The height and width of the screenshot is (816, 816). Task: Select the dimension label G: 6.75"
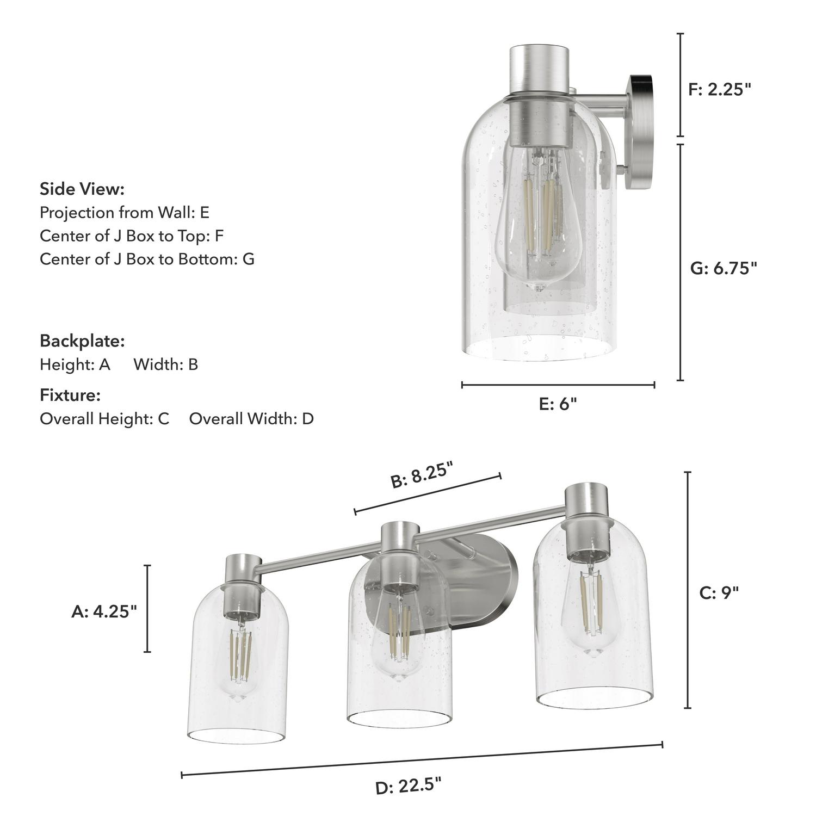click(x=723, y=268)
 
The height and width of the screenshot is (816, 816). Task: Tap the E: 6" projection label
click(x=558, y=404)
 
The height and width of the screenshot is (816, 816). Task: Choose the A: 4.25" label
click(x=104, y=611)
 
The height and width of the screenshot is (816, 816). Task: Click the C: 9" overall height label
click(x=719, y=593)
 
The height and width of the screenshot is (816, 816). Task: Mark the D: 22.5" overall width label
click(x=408, y=786)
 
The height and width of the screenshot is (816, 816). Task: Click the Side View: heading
click(x=82, y=189)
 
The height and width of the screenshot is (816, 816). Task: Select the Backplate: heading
click(x=82, y=341)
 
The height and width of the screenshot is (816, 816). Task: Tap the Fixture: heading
click(x=70, y=395)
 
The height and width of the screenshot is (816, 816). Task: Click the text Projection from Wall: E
click(x=125, y=212)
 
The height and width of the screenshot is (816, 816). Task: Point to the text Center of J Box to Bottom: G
click(x=147, y=259)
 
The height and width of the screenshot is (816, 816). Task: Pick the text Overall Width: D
click(x=251, y=419)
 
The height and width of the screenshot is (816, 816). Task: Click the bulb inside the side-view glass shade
click(x=536, y=228)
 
